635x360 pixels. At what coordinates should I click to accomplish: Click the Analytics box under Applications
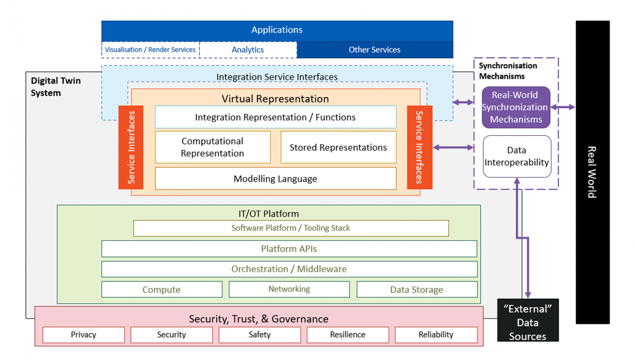248,50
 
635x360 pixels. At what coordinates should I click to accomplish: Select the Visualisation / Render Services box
150,50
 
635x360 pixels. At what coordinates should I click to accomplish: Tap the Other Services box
375,50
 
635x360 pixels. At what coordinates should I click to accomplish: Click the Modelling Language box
275,179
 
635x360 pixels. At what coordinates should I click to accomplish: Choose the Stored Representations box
338,148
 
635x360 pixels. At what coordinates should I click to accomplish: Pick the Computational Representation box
212,147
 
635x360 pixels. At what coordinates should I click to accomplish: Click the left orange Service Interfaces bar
131,147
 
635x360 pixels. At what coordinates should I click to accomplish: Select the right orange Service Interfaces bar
419,147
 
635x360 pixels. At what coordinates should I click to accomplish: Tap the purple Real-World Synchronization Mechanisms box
516,107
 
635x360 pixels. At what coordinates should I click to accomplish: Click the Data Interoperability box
517,156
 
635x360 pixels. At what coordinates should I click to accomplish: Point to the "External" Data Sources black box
528,320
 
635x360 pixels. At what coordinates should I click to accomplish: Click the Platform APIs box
289,249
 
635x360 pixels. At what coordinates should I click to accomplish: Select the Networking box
289,289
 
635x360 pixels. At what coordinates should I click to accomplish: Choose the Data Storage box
417,289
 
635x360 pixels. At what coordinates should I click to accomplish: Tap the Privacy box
84,335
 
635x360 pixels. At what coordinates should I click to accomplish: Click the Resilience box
348,335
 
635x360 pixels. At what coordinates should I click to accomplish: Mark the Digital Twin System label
55,87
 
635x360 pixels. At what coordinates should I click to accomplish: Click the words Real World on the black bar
592,172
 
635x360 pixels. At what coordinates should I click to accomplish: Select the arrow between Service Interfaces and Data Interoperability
453,148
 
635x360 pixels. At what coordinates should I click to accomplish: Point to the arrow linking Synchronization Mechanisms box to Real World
563,107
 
